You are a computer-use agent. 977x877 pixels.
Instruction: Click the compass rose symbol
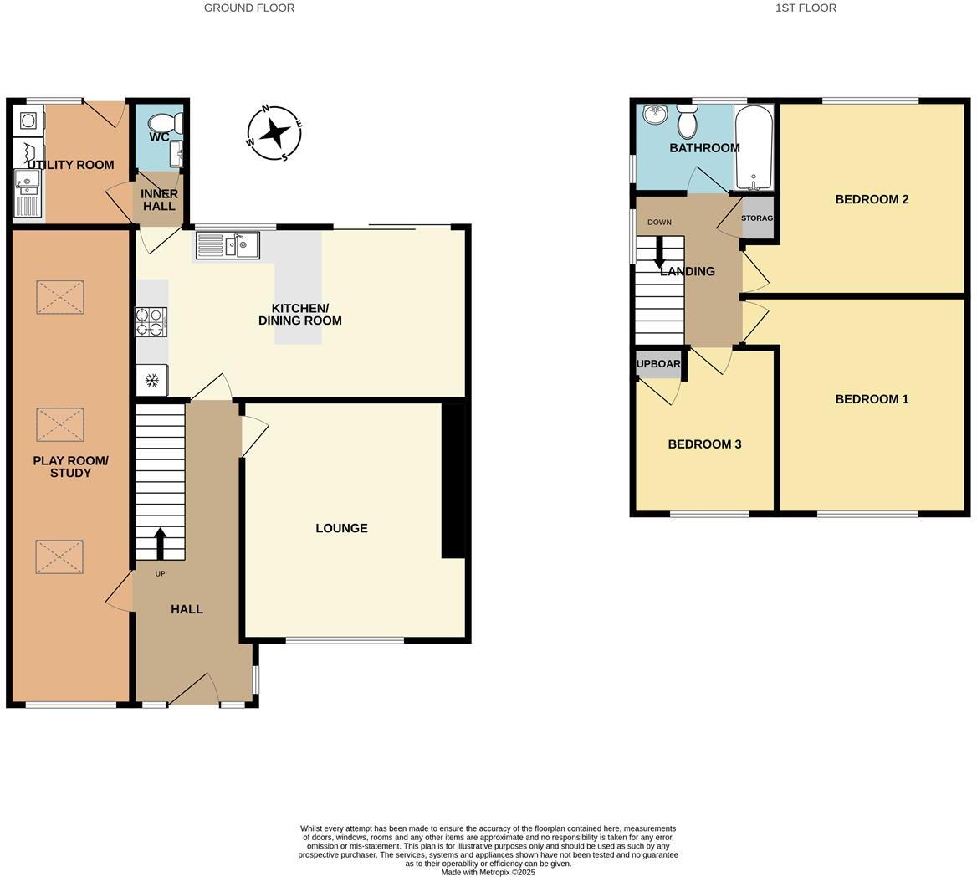274,132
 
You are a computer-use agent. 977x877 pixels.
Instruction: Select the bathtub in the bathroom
754,147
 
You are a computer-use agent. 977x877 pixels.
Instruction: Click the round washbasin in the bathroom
655,115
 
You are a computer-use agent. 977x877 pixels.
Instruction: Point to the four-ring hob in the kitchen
151,322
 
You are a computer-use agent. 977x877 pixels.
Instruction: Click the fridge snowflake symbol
152,381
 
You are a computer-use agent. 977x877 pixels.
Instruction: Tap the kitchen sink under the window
228,245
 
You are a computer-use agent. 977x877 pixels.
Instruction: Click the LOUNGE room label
341,528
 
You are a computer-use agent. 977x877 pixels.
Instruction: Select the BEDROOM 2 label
872,199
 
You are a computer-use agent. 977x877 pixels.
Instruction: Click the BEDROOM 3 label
704,444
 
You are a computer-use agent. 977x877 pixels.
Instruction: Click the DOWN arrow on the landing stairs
660,251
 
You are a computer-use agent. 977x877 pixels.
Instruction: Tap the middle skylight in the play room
60,424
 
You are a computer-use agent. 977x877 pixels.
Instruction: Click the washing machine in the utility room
28,121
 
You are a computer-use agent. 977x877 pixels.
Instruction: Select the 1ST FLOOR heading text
806,8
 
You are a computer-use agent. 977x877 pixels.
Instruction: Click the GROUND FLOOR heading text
249,8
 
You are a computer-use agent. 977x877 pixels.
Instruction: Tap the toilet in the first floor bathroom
688,123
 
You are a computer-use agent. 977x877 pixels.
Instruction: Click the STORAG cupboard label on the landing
758,218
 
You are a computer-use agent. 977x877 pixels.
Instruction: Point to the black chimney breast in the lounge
453,480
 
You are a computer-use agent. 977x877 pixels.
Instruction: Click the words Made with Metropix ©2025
488,872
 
